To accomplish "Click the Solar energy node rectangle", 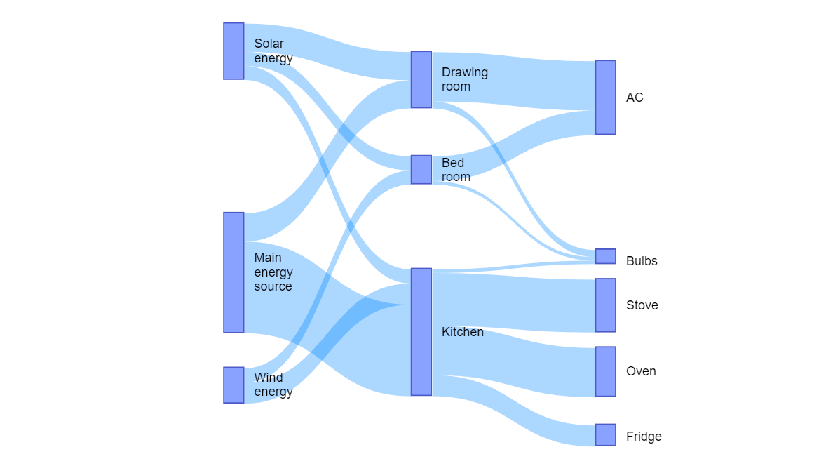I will pos(233,51).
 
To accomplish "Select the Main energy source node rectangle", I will pos(233,272).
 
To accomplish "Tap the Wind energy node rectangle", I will pos(233,385).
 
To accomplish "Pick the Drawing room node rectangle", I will pos(421,79).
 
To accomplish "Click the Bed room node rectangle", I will pos(421,170).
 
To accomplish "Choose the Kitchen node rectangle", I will pos(421,332).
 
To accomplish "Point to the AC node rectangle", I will pos(605,98).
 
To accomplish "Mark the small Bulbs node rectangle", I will pos(605,256).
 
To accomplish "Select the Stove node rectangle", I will pos(605,305).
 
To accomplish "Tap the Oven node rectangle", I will pos(605,371).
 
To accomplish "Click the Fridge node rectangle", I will pos(605,434).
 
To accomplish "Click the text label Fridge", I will pos(643,437).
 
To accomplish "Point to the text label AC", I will pos(634,98).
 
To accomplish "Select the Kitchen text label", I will pos(462,332).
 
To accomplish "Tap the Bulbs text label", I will pos(641,261).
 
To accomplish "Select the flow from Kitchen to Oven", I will pos(512,358).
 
